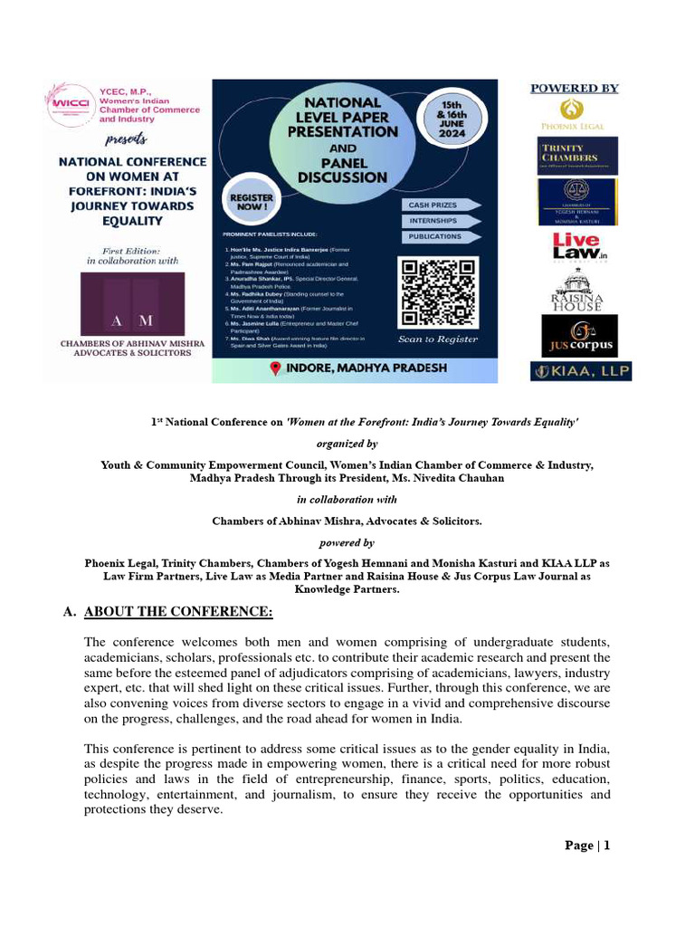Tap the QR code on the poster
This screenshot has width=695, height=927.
pyautogui.click(x=438, y=292)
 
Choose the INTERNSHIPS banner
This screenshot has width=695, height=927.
pyautogui.click(x=438, y=221)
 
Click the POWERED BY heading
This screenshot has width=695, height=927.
pyautogui.click(x=574, y=88)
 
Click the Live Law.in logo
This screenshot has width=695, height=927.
pyautogui.click(x=579, y=245)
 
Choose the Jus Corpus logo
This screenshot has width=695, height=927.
pyautogui.click(x=579, y=336)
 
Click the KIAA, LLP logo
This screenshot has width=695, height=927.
pyautogui.click(x=580, y=371)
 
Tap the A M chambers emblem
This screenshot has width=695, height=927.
pyautogui.click(x=131, y=305)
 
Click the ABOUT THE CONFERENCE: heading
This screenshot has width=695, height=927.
pyautogui.click(x=178, y=613)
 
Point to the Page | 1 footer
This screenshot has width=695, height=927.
pyautogui.click(x=587, y=846)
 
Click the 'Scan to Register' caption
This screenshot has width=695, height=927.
pyautogui.click(x=438, y=339)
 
